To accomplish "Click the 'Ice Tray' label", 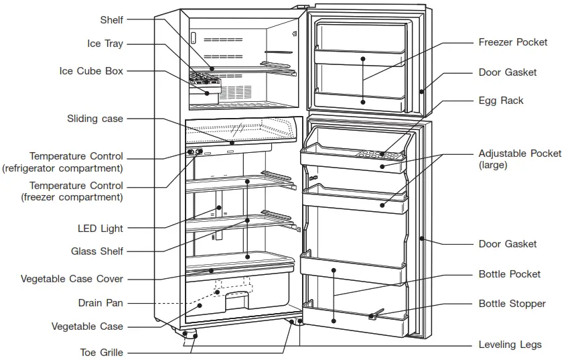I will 105,44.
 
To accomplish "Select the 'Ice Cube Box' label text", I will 91,71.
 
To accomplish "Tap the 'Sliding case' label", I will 95,119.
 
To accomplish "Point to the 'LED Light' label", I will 100,229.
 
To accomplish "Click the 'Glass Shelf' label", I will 97,251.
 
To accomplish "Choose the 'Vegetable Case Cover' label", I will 72,279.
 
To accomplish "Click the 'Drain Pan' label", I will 100,303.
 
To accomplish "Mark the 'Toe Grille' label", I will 102,352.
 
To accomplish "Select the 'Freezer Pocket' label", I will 512,42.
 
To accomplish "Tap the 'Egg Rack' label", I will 501,101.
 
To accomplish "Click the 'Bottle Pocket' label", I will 509,274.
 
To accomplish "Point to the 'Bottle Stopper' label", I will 512,304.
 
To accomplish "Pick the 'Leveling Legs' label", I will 510,345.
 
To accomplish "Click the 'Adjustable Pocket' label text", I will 520,154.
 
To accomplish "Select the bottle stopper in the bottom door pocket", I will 375,314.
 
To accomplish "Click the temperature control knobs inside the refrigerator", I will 195,152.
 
